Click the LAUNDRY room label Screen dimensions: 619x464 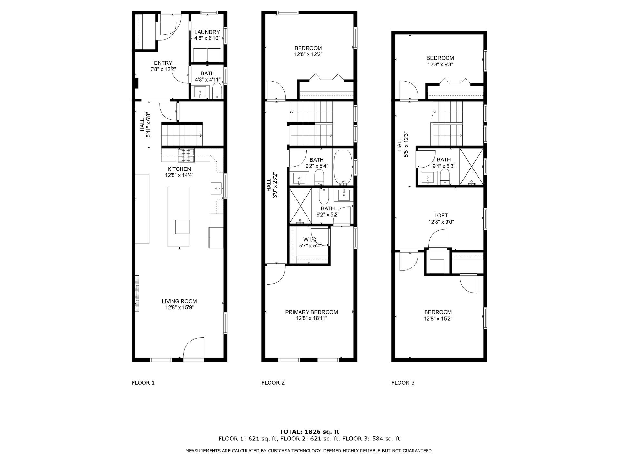coord(207,32)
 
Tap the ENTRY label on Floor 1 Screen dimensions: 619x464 coord(163,63)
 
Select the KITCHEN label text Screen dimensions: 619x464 coord(179,169)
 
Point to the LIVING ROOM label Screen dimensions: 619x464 coord(179,301)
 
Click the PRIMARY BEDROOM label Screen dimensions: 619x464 coord(311,312)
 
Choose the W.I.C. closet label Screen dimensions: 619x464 coord(310,239)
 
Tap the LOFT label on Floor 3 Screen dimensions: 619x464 coord(441,216)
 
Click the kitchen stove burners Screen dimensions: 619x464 coord(186,156)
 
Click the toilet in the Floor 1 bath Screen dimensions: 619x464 coord(217,91)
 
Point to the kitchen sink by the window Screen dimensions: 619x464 coord(217,188)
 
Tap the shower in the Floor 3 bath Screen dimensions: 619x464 coord(471,166)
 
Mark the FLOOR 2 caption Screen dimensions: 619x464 coord(273,383)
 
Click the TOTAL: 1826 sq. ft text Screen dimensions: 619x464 coord(309,432)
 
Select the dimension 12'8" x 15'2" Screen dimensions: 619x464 coord(438,319)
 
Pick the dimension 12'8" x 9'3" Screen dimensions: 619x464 coord(440,64)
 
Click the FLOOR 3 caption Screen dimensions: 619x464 coord(403,383)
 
